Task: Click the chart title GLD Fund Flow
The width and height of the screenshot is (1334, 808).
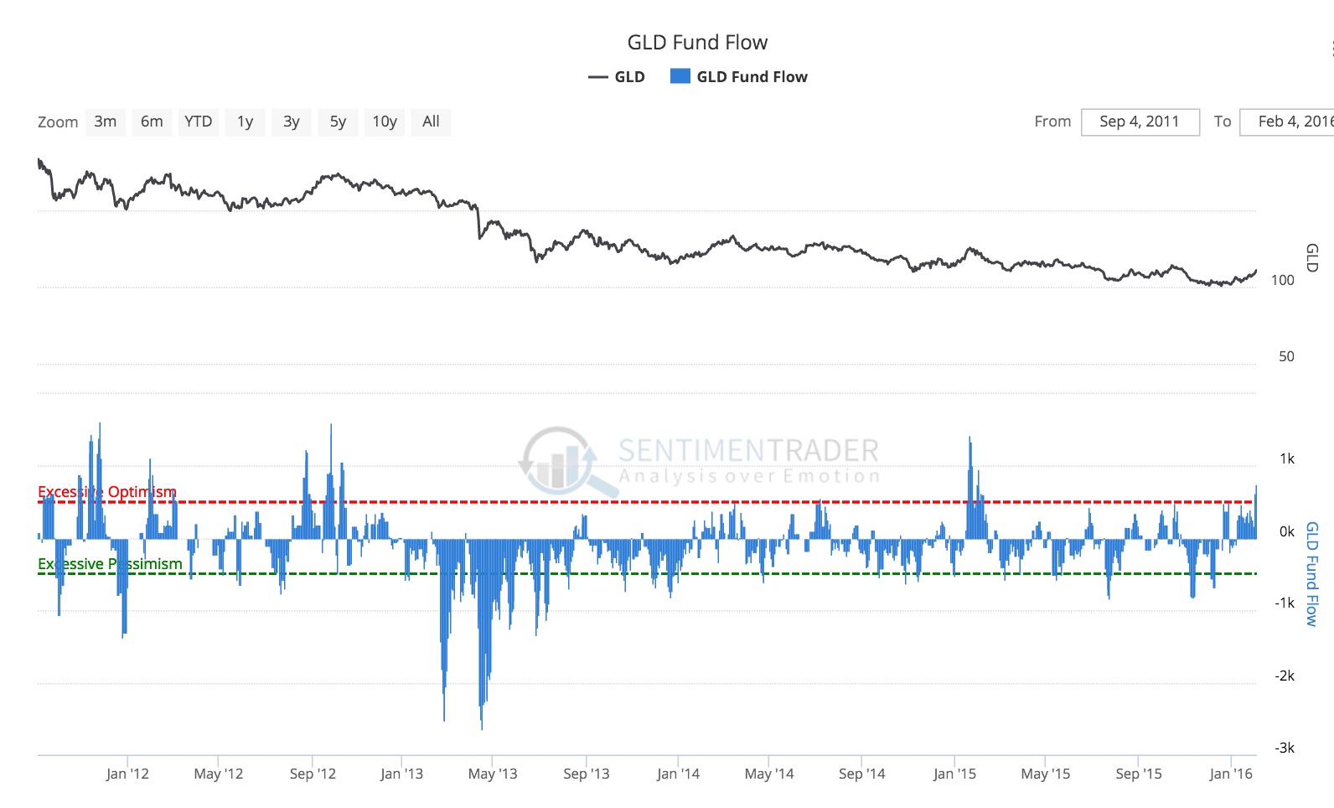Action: pos(697,43)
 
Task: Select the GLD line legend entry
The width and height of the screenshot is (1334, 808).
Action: pos(618,77)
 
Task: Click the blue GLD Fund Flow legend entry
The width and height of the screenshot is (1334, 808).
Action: pos(739,77)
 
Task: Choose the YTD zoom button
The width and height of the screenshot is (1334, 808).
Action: pos(199,122)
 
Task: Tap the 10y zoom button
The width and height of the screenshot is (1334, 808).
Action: pos(385,122)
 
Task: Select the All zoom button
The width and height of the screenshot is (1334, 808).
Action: pos(431,122)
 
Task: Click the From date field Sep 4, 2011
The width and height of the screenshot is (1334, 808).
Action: pos(1140,122)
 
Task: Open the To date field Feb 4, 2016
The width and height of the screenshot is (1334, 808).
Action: pos(1290,122)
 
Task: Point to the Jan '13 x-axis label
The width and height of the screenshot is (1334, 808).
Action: pos(401,774)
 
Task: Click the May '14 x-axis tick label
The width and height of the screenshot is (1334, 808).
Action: pos(768,774)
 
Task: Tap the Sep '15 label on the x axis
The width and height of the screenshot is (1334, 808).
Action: pos(1138,774)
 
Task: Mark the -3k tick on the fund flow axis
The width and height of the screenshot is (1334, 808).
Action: pos(1285,748)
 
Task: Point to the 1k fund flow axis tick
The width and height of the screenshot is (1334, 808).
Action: pos(1286,458)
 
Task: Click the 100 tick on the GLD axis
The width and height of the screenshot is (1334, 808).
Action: pos(1282,280)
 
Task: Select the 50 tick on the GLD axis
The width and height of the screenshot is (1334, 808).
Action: pos(1285,356)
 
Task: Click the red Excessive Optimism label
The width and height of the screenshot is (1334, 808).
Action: pos(107,492)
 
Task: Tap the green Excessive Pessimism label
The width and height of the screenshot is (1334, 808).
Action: pos(110,564)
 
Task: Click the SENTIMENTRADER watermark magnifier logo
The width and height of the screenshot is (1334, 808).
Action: pos(560,461)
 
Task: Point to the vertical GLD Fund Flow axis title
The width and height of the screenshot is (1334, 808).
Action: pos(1312,573)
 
